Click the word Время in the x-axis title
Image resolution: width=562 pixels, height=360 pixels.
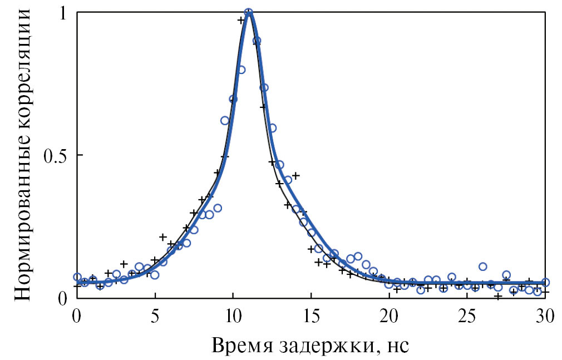click(x=240, y=346)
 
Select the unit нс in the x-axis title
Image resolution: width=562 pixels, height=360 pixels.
click(x=398, y=347)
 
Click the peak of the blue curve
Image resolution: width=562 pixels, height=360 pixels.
click(x=249, y=13)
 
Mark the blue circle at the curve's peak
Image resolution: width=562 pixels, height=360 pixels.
click(x=249, y=12)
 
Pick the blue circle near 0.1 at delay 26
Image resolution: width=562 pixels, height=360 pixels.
click(x=483, y=267)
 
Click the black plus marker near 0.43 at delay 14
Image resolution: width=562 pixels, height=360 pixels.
click(x=295, y=175)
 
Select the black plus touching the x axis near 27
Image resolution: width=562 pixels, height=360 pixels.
click(x=498, y=296)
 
